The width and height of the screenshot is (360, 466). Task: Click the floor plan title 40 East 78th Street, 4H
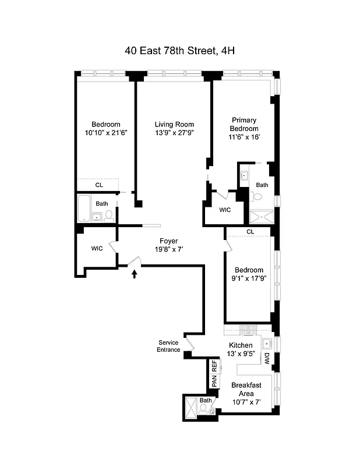pyautogui.click(x=179, y=51)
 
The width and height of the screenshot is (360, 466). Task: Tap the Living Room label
pyautogui.click(x=174, y=124)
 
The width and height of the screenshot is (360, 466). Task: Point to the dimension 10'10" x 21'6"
pyautogui.click(x=105, y=133)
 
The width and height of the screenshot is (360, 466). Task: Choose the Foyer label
pyautogui.click(x=168, y=241)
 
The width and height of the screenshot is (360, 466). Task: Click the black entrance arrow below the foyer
pyautogui.click(x=135, y=273)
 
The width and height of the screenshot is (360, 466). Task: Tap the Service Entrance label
pyautogui.click(x=168, y=346)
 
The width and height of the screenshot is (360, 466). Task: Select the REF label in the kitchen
pyautogui.click(x=214, y=366)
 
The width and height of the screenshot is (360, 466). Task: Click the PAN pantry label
pyautogui.click(x=214, y=382)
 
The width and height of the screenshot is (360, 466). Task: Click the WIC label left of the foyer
pyautogui.click(x=97, y=248)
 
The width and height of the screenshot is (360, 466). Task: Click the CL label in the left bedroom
pyautogui.click(x=99, y=185)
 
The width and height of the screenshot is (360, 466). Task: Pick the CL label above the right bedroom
pyautogui.click(x=250, y=232)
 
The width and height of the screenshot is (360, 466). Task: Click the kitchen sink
pyautogui.click(x=266, y=343)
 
